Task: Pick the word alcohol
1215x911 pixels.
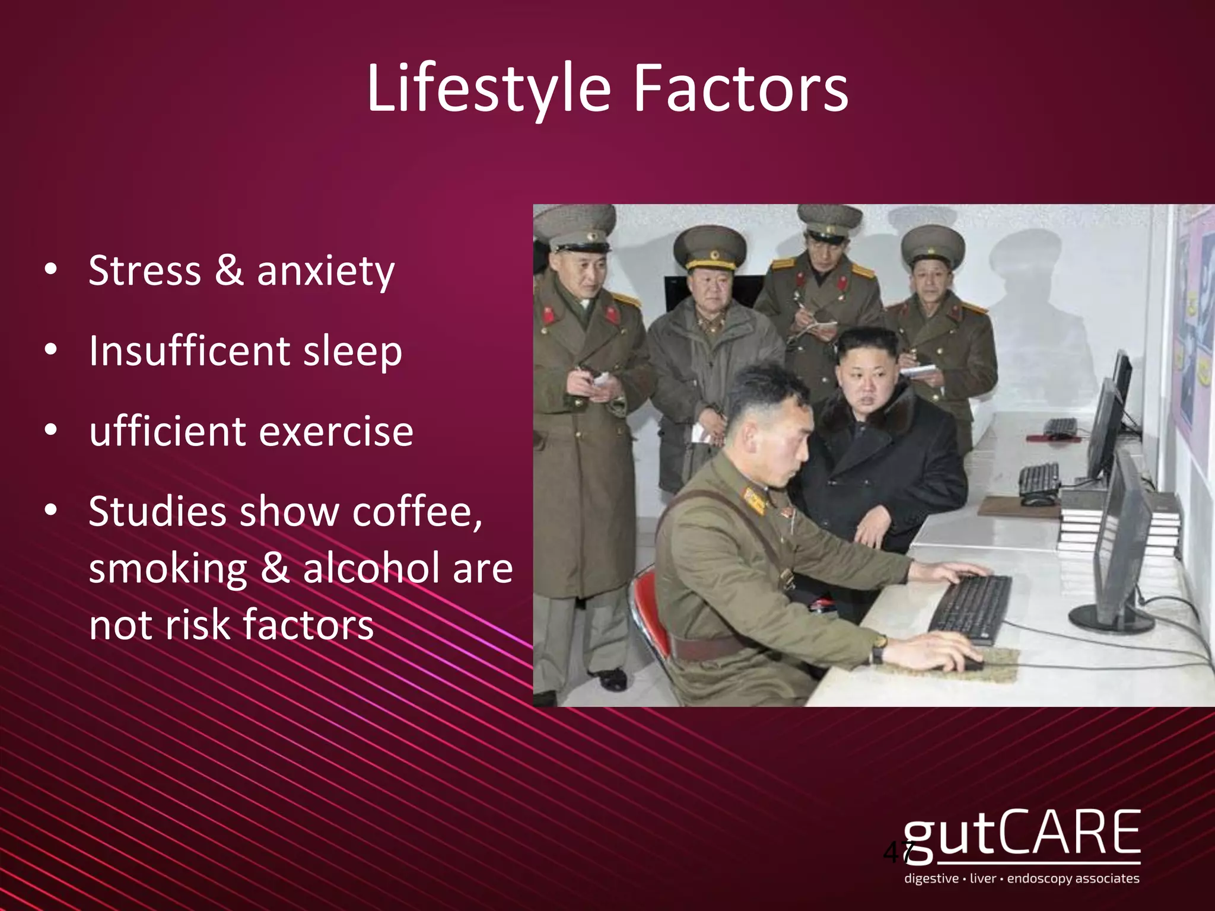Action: pyautogui.click(x=371, y=568)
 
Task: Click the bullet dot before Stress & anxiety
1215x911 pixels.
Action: pyautogui.click(x=52, y=270)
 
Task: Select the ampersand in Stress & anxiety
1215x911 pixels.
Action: pyautogui.click(x=229, y=270)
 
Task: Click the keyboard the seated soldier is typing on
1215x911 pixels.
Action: pyautogui.click(x=969, y=607)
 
